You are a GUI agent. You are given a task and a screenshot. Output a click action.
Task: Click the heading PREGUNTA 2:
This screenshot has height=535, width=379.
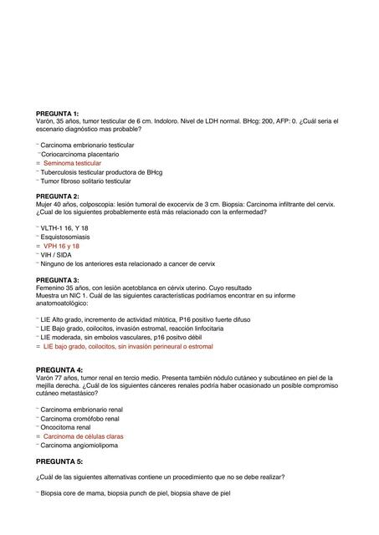tap(57, 196)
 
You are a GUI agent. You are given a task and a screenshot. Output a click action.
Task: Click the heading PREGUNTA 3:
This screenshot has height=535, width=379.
tap(57, 279)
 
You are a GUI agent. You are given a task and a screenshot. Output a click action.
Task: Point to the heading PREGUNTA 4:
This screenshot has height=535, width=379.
tap(59, 369)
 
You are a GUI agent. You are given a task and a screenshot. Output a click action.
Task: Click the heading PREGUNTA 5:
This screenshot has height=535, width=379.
tap(59, 461)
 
